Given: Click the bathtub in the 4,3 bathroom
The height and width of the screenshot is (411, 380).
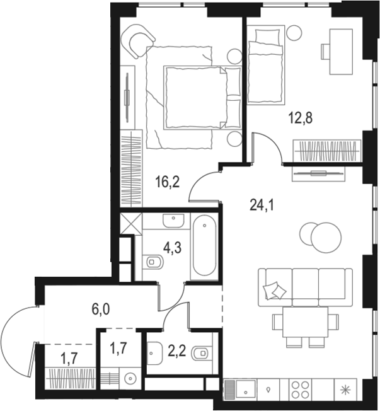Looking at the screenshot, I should [x=205, y=246].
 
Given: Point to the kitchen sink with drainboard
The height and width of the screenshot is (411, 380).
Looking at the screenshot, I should [x=241, y=390].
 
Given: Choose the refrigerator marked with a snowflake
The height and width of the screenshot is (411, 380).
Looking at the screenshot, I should [x=343, y=390].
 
